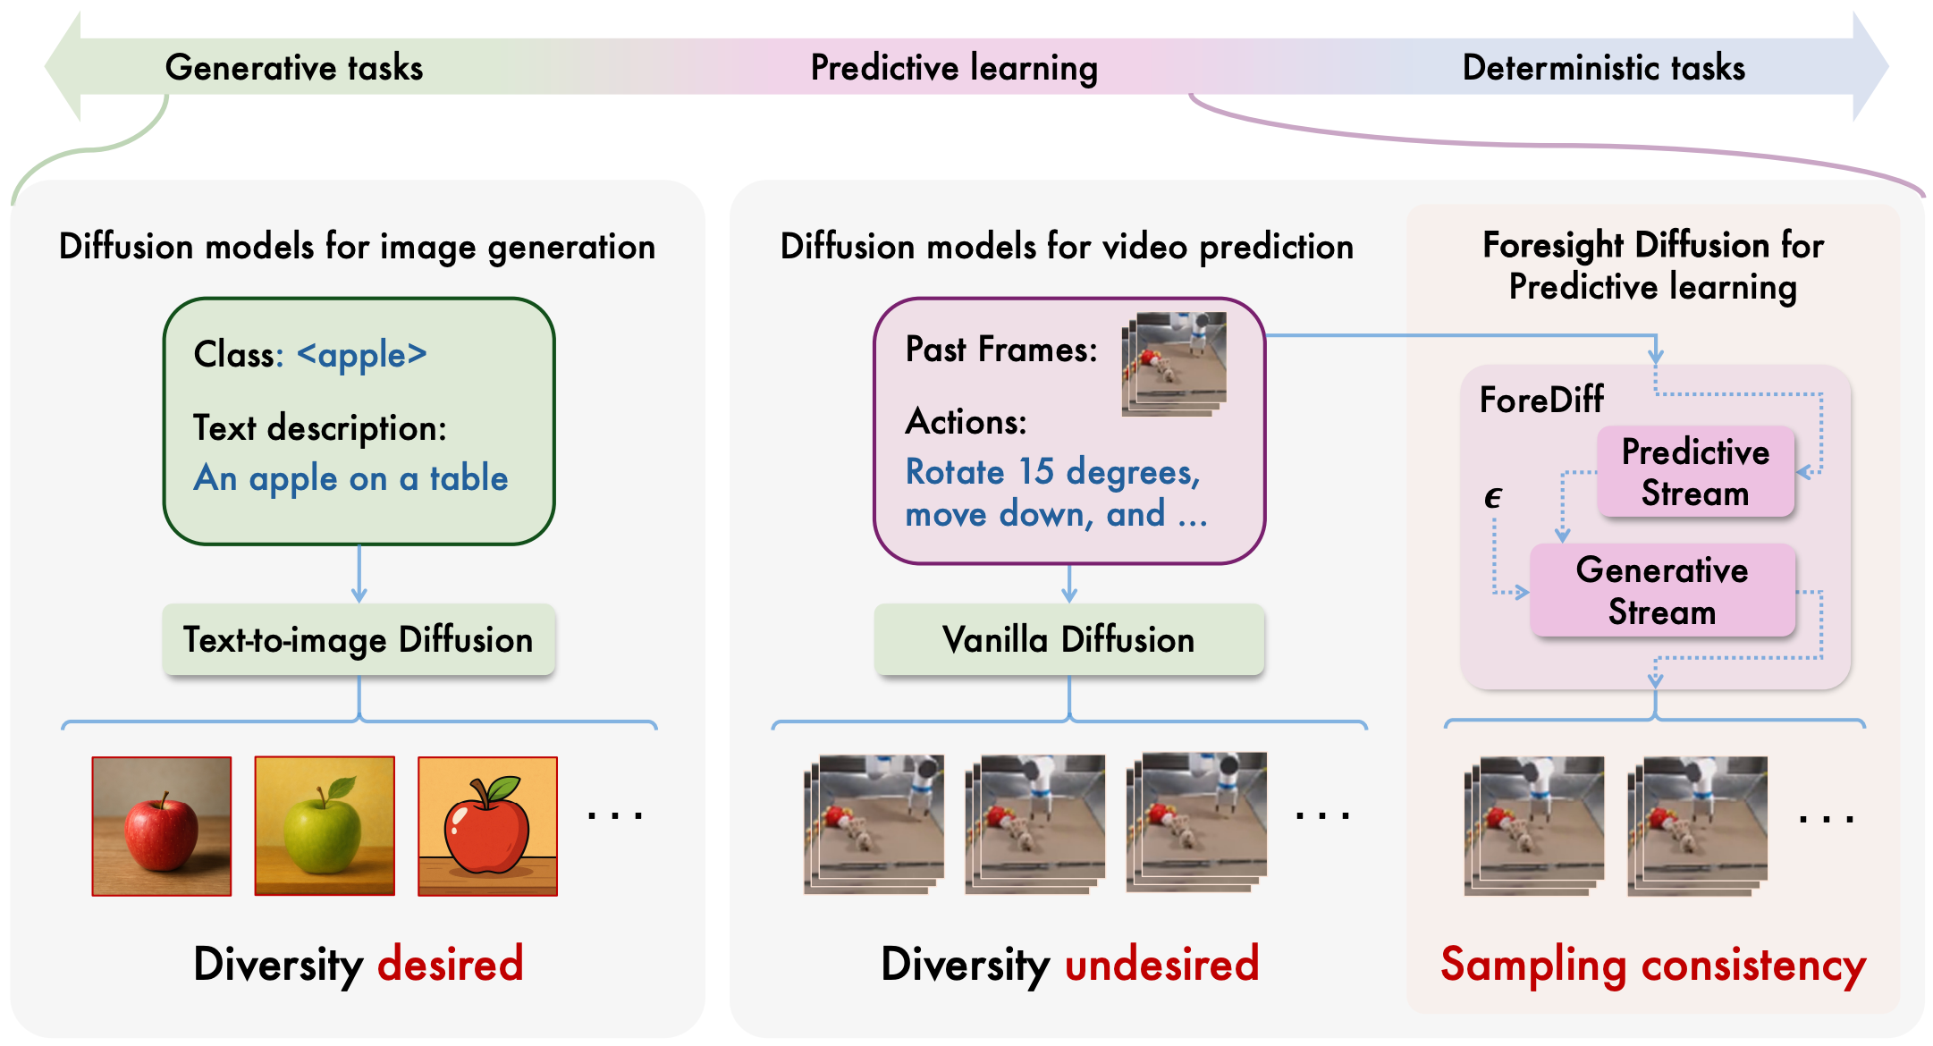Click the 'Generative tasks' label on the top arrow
(293, 68)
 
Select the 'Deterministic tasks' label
(1603, 68)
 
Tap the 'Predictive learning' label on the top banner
(953, 68)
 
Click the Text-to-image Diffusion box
(359, 640)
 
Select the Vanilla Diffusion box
(1068, 640)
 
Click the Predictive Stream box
(1695, 472)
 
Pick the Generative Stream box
(1662, 591)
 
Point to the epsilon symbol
(1492, 497)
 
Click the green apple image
(325, 825)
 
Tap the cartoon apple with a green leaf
(487, 825)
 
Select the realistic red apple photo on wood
(162, 825)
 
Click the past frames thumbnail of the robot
(1175, 362)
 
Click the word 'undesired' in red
(1161, 965)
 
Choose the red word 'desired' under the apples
(450, 965)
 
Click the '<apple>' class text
(362, 355)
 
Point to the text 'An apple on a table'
(350, 478)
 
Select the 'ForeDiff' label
(1541, 400)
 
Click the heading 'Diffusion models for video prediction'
(1067, 247)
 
